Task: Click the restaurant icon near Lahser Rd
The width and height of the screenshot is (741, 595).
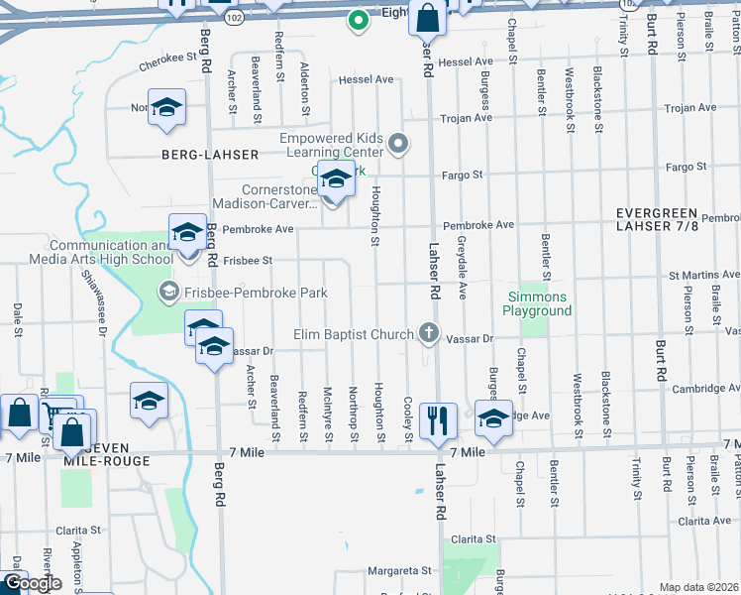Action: point(437,419)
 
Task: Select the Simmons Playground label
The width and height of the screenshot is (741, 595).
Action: point(539,303)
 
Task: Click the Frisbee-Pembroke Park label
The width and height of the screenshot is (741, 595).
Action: point(244,293)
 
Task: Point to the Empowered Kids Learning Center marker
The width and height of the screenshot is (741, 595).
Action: point(398,145)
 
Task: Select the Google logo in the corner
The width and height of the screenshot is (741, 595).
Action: point(32,583)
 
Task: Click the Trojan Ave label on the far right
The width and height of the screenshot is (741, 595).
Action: point(690,107)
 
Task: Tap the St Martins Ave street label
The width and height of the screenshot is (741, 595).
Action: point(703,275)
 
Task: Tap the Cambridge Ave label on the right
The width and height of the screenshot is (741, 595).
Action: point(705,389)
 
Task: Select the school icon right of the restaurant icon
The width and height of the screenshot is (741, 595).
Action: point(492,417)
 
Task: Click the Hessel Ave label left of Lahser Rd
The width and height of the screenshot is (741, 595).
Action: point(367,79)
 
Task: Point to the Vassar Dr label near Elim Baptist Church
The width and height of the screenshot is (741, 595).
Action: point(470,339)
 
